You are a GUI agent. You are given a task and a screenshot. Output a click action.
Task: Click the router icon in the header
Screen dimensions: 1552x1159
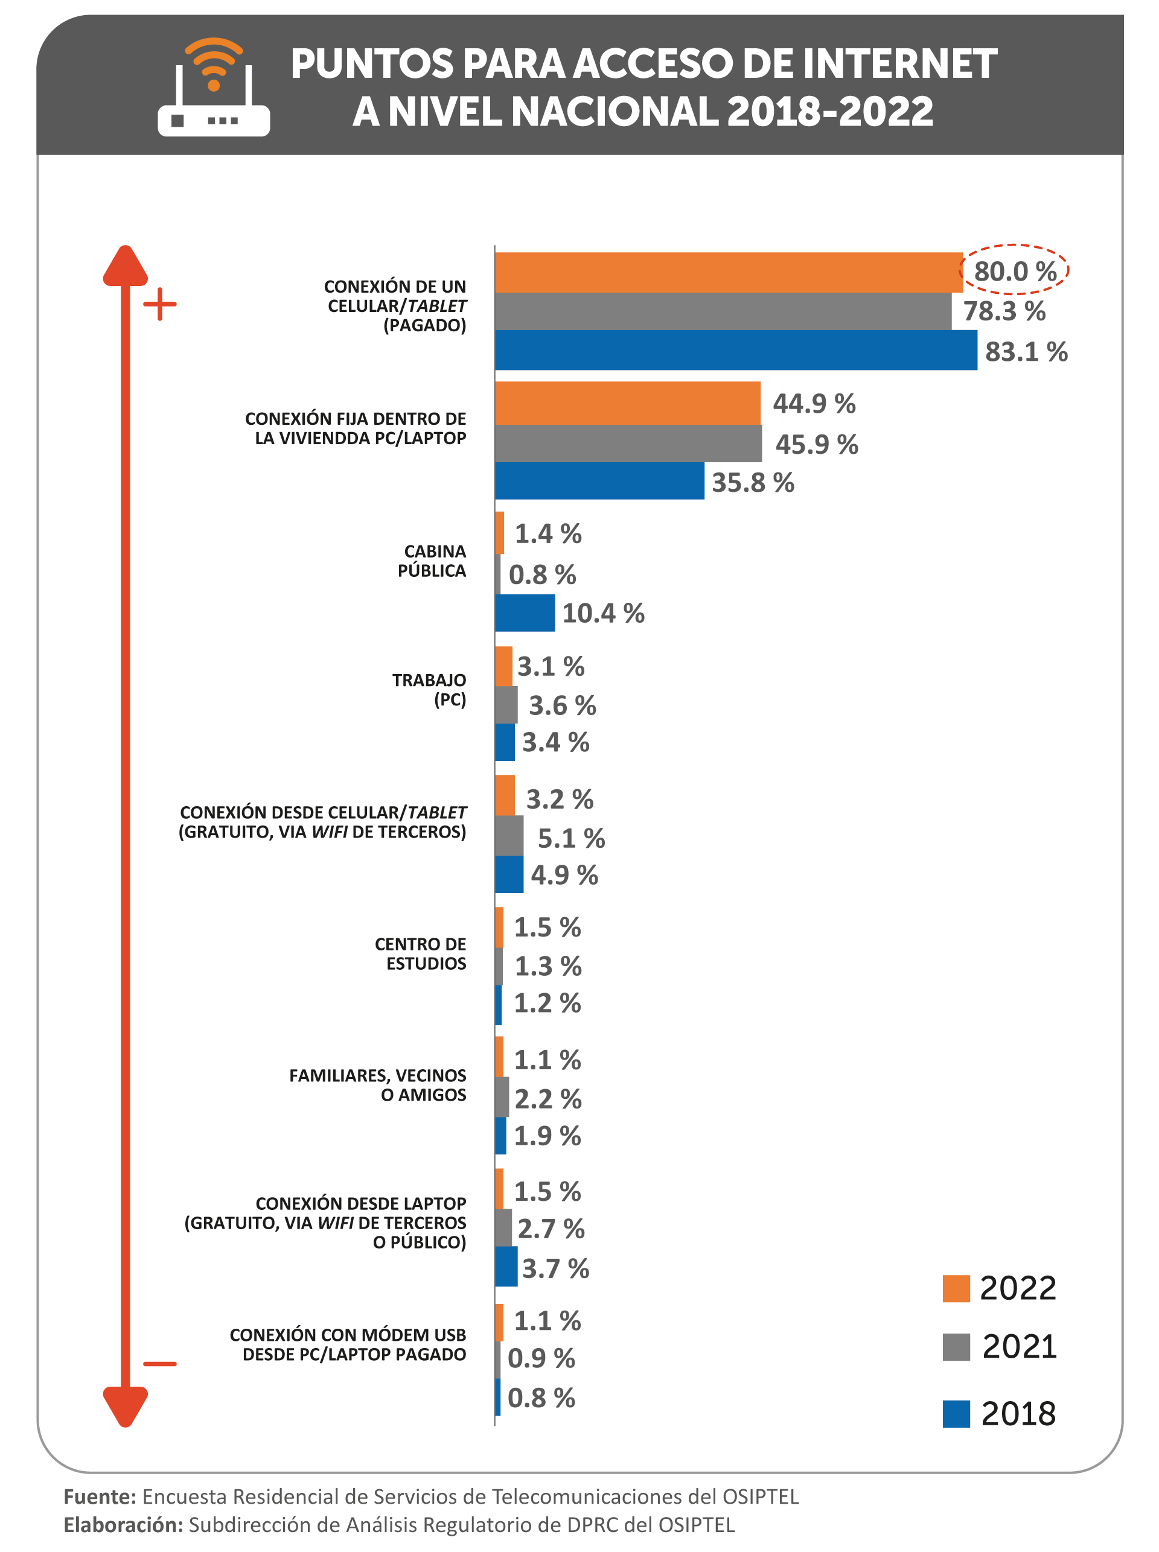[x=213, y=87]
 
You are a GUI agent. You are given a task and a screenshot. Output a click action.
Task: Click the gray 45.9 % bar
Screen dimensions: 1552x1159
[x=628, y=444]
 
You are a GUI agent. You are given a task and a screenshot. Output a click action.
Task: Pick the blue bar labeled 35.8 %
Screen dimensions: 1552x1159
[x=599, y=481]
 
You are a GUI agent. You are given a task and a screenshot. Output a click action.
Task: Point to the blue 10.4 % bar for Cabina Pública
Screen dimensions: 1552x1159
[x=525, y=612]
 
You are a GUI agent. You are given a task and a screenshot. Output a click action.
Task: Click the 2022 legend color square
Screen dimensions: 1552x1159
[x=956, y=1288]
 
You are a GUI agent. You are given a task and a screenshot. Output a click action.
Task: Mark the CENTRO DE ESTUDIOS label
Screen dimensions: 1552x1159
[x=420, y=954]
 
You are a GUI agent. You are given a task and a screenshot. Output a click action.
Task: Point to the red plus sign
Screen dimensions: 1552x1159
[x=160, y=304]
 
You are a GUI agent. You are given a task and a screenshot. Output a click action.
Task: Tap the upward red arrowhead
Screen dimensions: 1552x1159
[x=126, y=266]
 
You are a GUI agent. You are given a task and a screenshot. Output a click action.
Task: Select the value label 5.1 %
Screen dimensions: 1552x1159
[x=571, y=838]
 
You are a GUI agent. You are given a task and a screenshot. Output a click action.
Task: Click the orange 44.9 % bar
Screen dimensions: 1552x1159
[x=627, y=403]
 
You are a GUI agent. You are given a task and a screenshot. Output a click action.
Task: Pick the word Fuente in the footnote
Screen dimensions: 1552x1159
[x=100, y=1496]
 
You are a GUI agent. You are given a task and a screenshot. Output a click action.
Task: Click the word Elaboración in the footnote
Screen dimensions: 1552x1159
[x=124, y=1525]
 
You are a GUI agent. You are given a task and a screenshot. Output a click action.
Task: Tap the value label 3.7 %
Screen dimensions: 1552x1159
[x=555, y=1268]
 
